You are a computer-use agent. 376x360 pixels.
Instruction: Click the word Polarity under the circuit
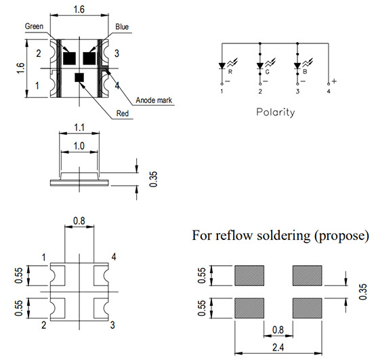(x=276, y=113)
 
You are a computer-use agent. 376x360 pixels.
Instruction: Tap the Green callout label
(x=34, y=26)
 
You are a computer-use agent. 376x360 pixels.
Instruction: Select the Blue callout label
(x=122, y=26)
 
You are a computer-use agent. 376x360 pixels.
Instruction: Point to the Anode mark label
(x=154, y=100)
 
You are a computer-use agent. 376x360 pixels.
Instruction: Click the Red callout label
(x=123, y=113)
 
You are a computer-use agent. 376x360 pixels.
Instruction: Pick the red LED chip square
(x=79, y=77)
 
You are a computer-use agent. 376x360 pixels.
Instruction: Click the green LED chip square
(x=69, y=58)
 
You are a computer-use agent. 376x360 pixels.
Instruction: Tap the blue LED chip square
(x=89, y=58)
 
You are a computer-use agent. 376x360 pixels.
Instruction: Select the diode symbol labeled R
(x=222, y=66)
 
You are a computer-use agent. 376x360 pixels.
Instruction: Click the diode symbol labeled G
(x=260, y=66)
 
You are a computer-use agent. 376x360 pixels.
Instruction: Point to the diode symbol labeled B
(x=297, y=66)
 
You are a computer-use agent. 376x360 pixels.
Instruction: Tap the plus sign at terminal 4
(x=334, y=81)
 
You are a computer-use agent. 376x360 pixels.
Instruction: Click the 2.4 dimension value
(x=278, y=347)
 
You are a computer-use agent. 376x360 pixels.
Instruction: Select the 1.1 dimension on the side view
(x=79, y=127)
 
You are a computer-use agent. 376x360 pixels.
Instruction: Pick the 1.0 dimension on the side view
(x=79, y=146)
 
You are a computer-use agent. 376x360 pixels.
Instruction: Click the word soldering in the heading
(x=284, y=235)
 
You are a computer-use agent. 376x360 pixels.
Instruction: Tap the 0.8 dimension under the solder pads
(x=278, y=329)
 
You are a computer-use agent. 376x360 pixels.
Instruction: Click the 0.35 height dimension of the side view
(x=153, y=179)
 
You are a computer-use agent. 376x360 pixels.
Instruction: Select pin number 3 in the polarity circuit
(x=297, y=92)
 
